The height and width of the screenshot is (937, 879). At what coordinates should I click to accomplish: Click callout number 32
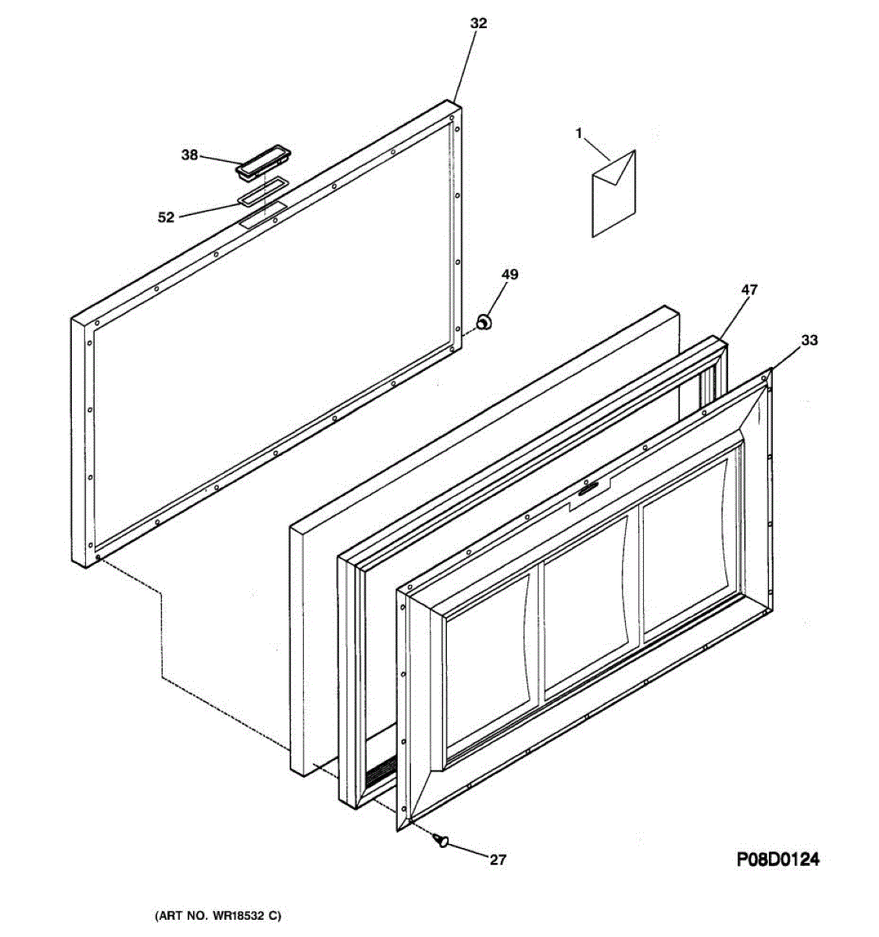(478, 23)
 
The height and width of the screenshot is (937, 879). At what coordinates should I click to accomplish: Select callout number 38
(190, 155)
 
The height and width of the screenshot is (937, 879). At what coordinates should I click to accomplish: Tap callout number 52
(166, 218)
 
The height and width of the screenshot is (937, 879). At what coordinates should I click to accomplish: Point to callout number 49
(509, 275)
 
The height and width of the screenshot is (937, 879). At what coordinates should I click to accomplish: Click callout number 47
(749, 290)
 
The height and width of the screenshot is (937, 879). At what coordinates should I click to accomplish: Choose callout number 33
(809, 340)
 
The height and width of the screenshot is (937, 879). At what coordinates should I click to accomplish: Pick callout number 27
(498, 860)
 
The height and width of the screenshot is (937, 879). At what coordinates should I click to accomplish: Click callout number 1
(579, 134)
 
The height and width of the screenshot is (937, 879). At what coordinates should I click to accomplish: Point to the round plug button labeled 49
(484, 320)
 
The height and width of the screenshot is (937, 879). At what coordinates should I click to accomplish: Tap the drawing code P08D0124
(778, 860)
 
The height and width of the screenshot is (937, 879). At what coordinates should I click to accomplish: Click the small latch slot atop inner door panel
(591, 490)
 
